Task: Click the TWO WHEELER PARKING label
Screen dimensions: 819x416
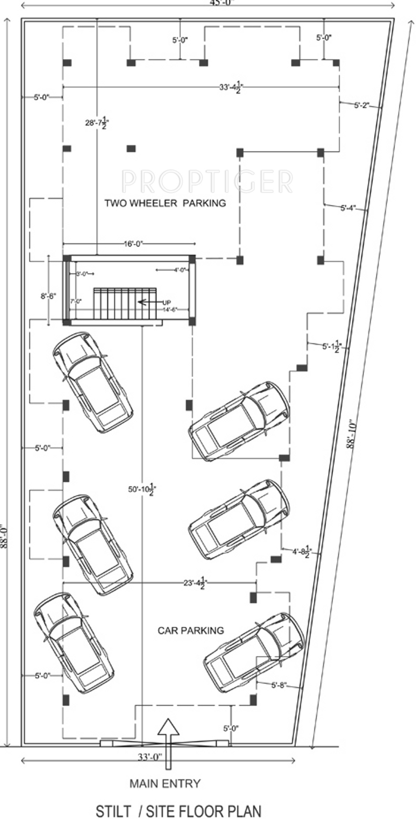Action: pyautogui.click(x=165, y=203)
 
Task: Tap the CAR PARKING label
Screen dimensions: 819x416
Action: pyautogui.click(x=190, y=631)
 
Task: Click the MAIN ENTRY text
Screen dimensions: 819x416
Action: pyautogui.click(x=165, y=783)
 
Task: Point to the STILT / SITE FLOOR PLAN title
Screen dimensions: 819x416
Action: pyautogui.click(x=178, y=811)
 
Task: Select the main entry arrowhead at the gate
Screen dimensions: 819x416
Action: pyautogui.click(x=168, y=727)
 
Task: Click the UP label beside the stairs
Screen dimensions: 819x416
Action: pyautogui.click(x=166, y=303)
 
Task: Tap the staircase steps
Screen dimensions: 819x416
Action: pyautogui.click(x=125, y=304)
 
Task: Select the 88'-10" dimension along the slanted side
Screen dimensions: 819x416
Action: pyautogui.click(x=351, y=434)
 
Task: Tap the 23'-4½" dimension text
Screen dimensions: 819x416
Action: pyautogui.click(x=194, y=583)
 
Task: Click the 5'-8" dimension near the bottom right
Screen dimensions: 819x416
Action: pyautogui.click(x=278, y=686)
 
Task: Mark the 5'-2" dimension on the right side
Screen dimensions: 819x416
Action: pyautogui.click(x=361, y=105)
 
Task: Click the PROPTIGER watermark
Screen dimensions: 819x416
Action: pyautogui.click(x=207, y=181)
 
